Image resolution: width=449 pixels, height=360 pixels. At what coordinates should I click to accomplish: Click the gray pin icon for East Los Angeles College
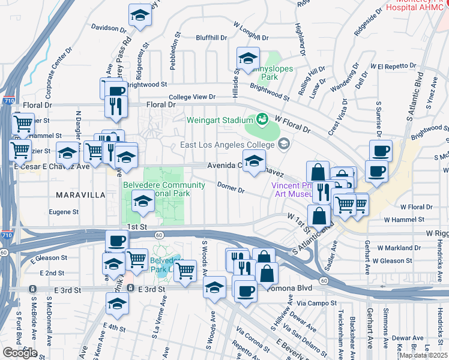click(284, 144)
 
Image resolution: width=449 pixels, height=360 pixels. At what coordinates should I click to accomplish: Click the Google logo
click(20, 353)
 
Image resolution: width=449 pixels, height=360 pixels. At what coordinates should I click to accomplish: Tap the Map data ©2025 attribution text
click(423, 355)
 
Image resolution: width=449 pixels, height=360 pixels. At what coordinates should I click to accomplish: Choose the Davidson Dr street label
click(109, 28)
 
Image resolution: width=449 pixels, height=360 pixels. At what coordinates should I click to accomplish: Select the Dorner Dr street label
click(231, 188)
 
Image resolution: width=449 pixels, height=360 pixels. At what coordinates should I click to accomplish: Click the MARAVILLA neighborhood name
click(80, 195)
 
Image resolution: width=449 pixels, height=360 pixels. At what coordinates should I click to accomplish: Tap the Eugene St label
click(64, 212)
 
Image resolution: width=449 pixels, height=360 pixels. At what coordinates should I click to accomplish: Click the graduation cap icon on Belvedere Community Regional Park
click(143, 202)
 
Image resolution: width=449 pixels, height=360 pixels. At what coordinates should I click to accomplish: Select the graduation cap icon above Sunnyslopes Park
click(248, 59)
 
